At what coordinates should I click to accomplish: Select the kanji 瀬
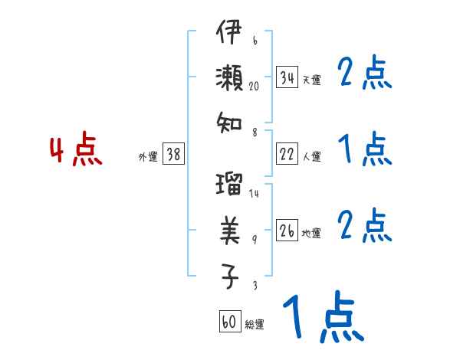tap(229, 78)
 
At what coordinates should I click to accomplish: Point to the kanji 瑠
tap(229, 185)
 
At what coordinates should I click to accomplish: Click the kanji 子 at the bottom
tap(229, 274)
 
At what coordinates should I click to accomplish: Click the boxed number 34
tap(287, 78)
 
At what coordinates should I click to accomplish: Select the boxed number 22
tap(287, 155)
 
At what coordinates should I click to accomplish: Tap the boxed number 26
tap(287, 231)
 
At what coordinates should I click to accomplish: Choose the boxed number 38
tap(173, 155)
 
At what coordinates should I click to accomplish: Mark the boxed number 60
tap(229, 322)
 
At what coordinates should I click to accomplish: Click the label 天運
tap(311, 80)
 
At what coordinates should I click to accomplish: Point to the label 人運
tap(311, 156)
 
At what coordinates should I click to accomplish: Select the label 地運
tap(311, 233)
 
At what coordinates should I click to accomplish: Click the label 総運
tap(254, 324)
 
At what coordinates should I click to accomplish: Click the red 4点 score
tap(75, 150)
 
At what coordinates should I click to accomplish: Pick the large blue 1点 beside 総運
tap(322, 318)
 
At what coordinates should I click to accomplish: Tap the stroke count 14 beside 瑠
tap(254, 193)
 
